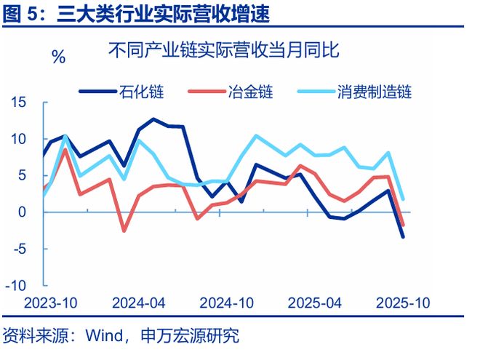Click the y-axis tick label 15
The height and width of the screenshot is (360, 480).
tap(20, 103)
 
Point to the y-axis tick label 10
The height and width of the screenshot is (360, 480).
tap(20, 139)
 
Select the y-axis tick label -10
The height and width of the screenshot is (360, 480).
tap(19, 284)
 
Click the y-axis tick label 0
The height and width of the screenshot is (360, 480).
tap(24, 212)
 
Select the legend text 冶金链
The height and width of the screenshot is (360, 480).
tap(249, 92)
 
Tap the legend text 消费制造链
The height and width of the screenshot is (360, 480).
tap(374, 92)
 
